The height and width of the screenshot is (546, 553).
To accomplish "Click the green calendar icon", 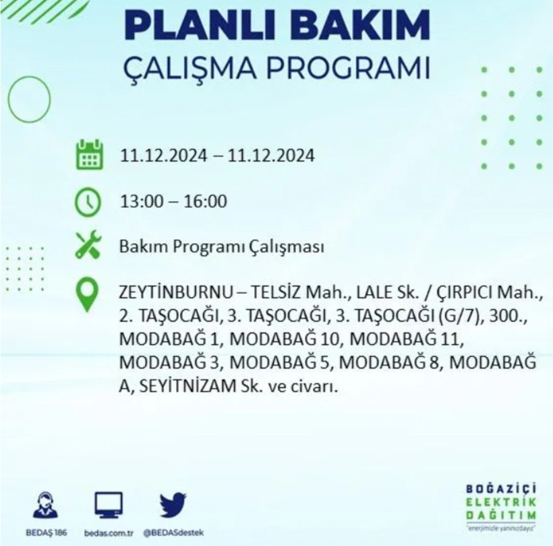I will point(88,155).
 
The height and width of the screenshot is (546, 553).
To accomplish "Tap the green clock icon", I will point(88,201).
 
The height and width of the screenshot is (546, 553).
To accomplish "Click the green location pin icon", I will point(88,296).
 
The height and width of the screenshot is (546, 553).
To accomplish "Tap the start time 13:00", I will point(137,201).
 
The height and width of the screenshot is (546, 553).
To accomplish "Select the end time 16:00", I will point(208,201).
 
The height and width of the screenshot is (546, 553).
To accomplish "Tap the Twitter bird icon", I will point(173,503).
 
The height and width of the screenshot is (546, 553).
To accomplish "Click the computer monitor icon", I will point(108,503).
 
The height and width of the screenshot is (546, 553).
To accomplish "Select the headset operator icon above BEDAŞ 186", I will point(45,504).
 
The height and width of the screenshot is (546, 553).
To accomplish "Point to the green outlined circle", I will point(29,99).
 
